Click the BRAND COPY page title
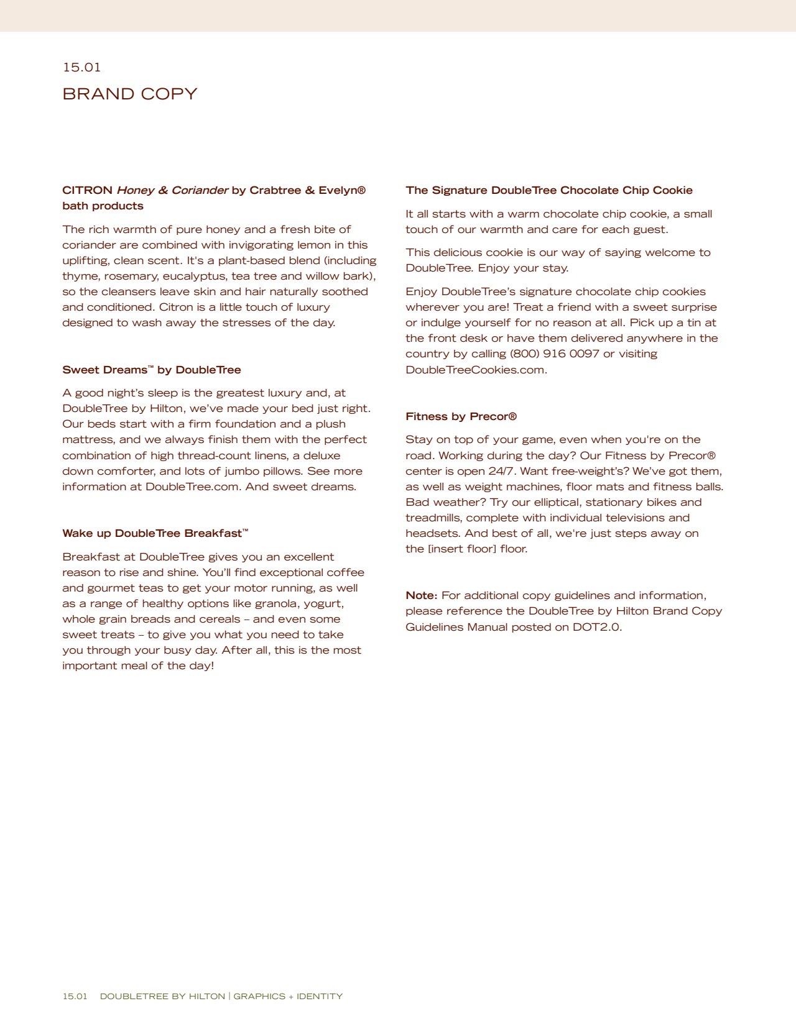pyautogui.click(x=129, y=94)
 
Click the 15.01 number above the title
pyautogui.click(x=81, y=67)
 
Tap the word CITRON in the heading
pyautogui.click(x=87, y=190)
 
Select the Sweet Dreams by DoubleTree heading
pyautogui.click(x=151, y=370)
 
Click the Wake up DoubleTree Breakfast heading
pyautogui.click(x=155, y=533)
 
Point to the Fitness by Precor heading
pyautogui.click(x=461, y=416)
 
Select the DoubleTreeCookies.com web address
pyautogui.click(x=476, y=370)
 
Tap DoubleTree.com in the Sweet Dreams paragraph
pyautogui.click(x=192, y=487)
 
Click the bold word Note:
pyautogui.click(x=421, y=595)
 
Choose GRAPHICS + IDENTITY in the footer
pyautogui.click(x=288, y=996)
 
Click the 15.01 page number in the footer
pyautogui.click(x=75, y=996)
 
